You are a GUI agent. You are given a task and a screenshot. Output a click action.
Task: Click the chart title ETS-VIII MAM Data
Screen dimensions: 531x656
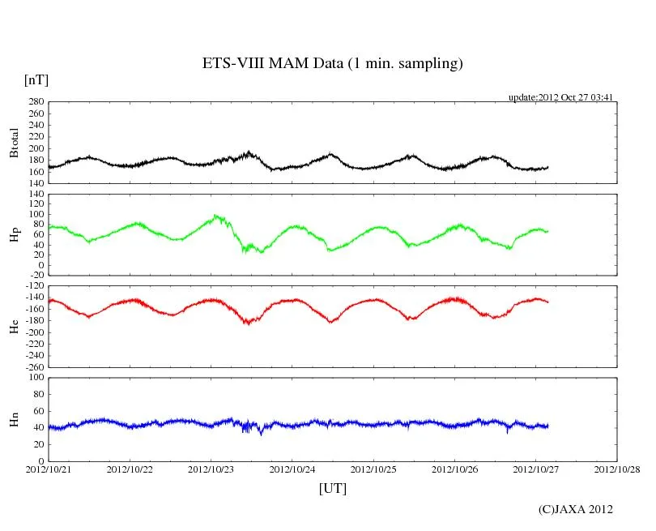pyautogui.click(x=332, y=64)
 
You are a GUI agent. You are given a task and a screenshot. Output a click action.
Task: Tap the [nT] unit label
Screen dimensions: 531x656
pyautogui.click(x=36, y=79)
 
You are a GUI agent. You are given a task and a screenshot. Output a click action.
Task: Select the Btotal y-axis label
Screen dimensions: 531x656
pyautogui.click(x=14, y=143)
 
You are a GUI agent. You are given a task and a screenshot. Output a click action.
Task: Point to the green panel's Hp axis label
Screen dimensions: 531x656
pyautogui.click(x=14, y=235)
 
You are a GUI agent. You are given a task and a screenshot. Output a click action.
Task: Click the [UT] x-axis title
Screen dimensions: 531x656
pyautogui.click(x=333, y=489)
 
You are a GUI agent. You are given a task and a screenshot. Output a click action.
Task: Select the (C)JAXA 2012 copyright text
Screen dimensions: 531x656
pyautogui.click(x=576, y=509)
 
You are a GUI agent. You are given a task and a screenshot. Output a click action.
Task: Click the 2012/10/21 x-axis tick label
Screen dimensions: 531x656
pyautogui.click(x=48, y=469)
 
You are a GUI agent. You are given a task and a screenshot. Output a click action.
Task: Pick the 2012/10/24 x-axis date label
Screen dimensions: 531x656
pyautogui.click(x=292, y=469)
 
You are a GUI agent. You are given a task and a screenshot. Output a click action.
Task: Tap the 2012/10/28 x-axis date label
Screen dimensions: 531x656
pyautogui.click(x=617, y=469)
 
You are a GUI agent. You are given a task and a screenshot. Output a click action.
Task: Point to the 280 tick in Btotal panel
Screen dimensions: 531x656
pyautogui.click(x=35, y=102)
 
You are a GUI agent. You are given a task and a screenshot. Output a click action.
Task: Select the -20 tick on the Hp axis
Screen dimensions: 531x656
pyautogui.click(x=35, y=276)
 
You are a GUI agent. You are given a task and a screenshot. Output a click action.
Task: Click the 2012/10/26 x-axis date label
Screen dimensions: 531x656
pyautogui.click(x=454, y=469)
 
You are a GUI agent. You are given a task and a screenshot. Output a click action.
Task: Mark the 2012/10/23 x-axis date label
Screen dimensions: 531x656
pyautogui.click(x=211, y=469)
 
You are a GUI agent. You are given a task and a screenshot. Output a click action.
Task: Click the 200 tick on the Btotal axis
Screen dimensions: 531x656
pyautogui.click(x=35, y=148)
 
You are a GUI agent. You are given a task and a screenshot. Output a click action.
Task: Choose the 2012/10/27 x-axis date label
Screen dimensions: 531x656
pyautogui.click(x=535, y=469)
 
